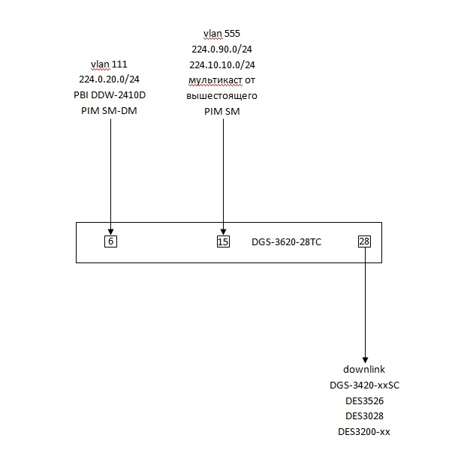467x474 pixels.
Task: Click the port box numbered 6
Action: (x=111, y=241)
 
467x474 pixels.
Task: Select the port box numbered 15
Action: (x=223, y=241)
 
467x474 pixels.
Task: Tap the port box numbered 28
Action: (x=365, y=241)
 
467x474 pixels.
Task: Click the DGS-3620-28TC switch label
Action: (x=287, y=242)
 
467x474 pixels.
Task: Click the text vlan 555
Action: (x=222, y=34)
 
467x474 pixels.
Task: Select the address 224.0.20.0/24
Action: (x=109, y=79)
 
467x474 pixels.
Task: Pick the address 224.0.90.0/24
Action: (x=222, y=49)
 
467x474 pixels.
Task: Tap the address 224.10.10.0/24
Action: (x=222, y=64)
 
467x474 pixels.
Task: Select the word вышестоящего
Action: (x=222, y=96)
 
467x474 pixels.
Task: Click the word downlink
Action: (x=364, y=370)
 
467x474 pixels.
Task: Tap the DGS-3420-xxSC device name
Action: (x=364, y=385)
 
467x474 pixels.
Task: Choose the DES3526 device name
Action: (x=364, y=400)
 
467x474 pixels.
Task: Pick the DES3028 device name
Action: (x=364, y=416)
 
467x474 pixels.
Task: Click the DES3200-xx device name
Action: (x=364, y=432)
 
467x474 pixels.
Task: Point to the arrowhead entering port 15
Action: (x=223, y=231)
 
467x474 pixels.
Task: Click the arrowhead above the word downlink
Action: (x=365, y=358)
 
